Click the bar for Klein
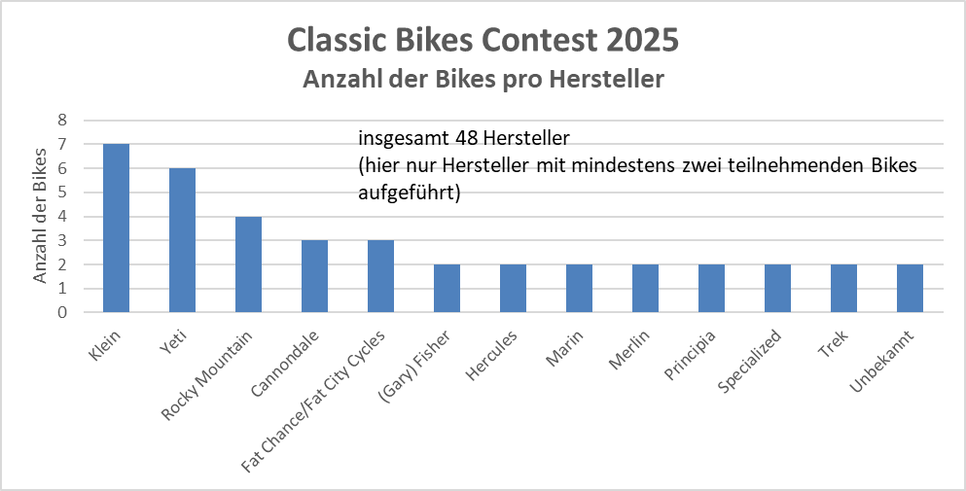[x=116, y=228]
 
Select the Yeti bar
[x=182, y=240]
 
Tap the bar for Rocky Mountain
[x=248, y=264]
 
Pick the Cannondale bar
[x=314, y=276]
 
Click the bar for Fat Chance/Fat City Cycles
[x=380, y=276]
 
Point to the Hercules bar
[x=513, y=289]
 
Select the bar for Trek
[x=843, y=289]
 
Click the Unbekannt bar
[x=910, y=289]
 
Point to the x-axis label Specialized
[x=753, y=360]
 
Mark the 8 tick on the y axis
[x=62, y=121]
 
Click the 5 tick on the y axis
[x=62, y=193]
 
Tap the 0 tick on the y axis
[x=62, y=313]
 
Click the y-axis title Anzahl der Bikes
[x=40, y=216]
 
